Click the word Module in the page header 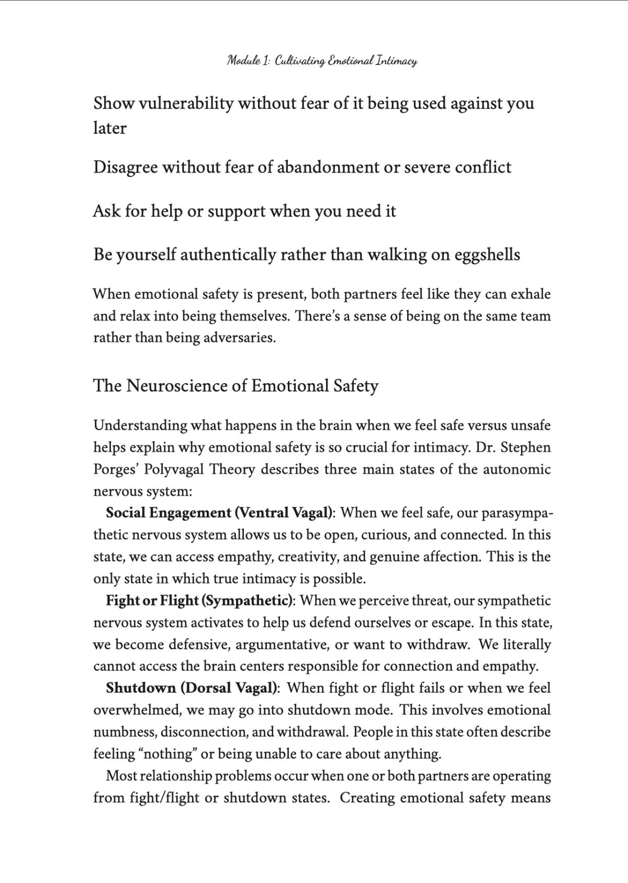[244, 61]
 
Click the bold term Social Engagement [169, 513]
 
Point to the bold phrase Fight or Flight [152, 601]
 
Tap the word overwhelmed [137, 710]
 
